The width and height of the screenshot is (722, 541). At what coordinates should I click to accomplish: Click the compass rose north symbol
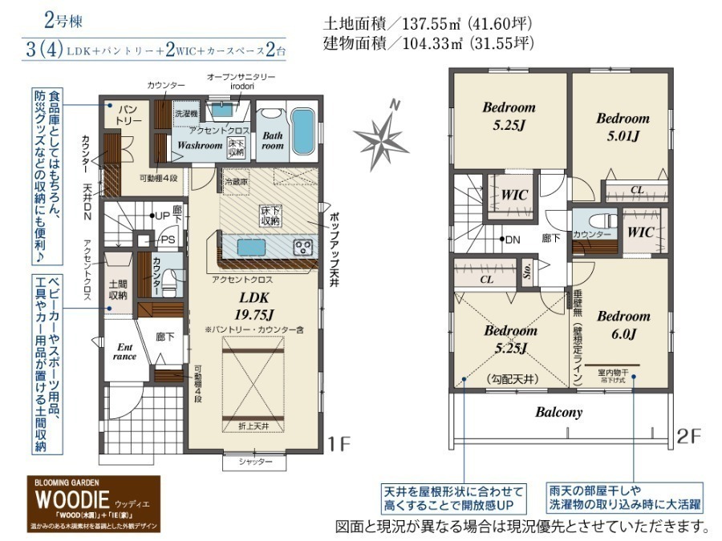(x=382, y=134)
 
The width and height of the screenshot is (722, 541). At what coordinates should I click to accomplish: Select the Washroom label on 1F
(x=200, y=146)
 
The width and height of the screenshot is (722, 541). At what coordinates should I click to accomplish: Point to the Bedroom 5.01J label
(x=623, y=127)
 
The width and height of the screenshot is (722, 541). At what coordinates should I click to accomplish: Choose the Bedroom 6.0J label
(x=623, y=324)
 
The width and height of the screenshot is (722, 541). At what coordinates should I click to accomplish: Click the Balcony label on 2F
(x=559, y=413)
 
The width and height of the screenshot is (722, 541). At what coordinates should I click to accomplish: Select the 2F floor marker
(x=690, y=438)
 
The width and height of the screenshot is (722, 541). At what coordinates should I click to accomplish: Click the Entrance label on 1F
(x=125, y=352)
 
